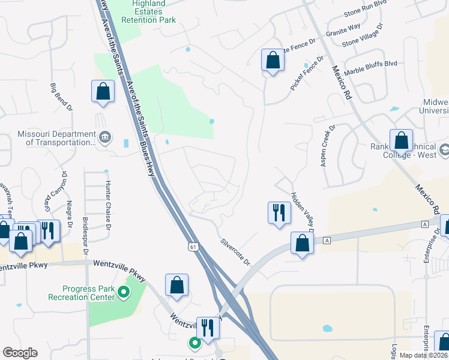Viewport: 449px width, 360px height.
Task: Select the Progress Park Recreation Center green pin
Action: [x=124, y=292]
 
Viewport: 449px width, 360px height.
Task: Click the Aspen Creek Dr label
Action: [x=327, y=146]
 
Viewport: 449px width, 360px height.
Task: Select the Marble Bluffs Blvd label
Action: [x=372, y=68]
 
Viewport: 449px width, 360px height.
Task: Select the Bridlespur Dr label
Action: [x=85, y=235]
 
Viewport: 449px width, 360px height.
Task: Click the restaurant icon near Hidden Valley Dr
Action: [x=277, y=212]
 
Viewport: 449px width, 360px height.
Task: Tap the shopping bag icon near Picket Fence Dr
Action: [x=272, y=60]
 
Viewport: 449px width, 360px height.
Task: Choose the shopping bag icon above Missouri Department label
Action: [x=103, y=91]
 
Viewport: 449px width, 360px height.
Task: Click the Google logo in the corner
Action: [x=20, y=352]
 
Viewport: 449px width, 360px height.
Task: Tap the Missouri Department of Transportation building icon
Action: [x=105, y=137]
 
